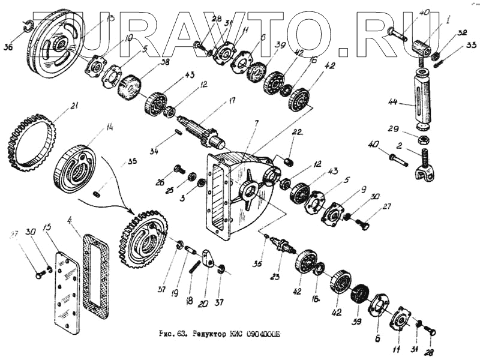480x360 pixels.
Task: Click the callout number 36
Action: click(7, 46)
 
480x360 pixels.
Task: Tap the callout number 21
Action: click(74, 106)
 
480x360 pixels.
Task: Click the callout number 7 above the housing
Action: click(256, 123)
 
